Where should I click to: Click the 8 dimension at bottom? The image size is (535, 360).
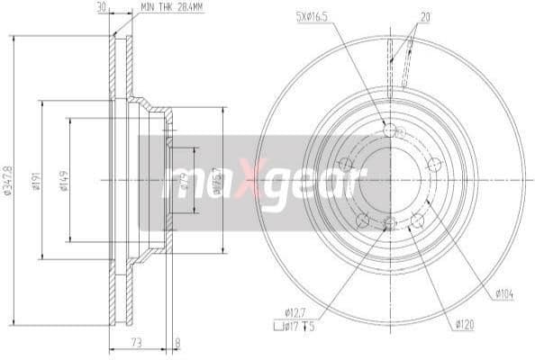click(177, 342)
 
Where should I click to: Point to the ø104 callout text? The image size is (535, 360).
click(504, 292)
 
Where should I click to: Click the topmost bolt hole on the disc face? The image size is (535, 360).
click(389, 131)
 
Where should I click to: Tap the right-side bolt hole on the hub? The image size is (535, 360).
click(434, 164)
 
